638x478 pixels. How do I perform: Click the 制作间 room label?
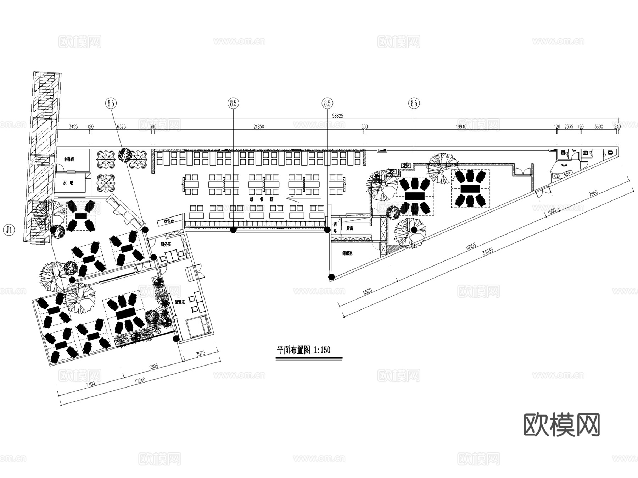69,160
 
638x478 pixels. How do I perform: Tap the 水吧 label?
68,183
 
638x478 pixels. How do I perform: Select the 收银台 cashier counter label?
169,221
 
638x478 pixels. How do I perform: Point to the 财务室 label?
166,244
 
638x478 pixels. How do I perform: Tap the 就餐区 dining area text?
267,199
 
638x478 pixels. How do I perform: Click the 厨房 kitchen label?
349,228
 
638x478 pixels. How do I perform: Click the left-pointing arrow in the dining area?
303,198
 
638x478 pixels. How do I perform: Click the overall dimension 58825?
337,116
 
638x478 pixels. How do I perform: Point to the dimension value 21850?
259,127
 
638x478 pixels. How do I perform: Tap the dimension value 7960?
593,193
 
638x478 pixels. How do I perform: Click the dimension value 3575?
201,353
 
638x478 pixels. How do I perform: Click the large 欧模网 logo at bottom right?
561,425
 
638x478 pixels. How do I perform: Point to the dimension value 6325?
121,127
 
